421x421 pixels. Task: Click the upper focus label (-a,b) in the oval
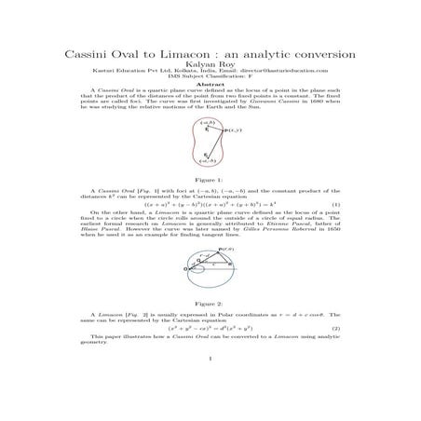click(x=209, y=123)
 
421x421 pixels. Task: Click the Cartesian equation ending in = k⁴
click(x=211, y=204)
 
